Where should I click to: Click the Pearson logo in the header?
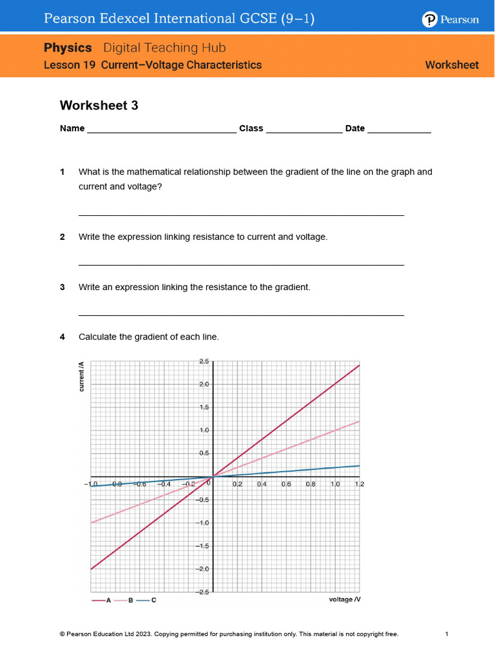click(x=451, y=19)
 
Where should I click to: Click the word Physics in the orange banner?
click(x=68, y=48)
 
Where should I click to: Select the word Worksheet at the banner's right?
click(x=452, y=65)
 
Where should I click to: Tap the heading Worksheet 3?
click(x=99, y=105)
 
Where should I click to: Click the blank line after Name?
click(x=161, y=131)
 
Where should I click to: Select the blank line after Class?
click(x=304, y=131)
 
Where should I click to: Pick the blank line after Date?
click(x=399, y=131)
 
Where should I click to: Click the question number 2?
click(x=63, y=237)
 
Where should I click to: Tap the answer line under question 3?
click(x=241, y=315)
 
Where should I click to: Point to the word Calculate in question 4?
click(x=98, y=336)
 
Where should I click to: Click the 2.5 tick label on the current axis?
click(x=203, y=362)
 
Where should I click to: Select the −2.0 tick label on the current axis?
click(x=202, y=569)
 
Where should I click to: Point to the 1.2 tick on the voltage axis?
click(x=360, y=483)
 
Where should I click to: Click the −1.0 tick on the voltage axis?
click(x=90, y=483)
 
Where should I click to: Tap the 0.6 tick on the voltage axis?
click(x=286, y=483)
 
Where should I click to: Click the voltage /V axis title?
click(x=344, y=599)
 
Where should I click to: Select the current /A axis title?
click(x=81, y=378)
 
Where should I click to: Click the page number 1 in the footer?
click(x=447, y=634)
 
